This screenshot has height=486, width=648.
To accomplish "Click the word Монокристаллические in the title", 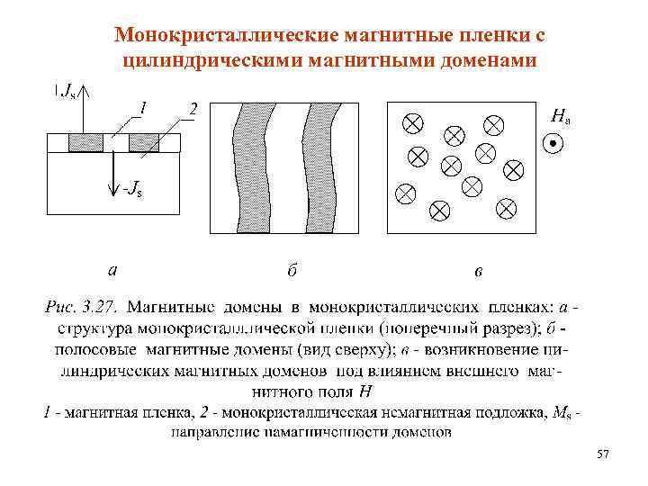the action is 225,35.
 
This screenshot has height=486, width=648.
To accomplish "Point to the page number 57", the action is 602,457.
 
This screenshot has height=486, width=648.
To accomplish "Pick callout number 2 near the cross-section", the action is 192,109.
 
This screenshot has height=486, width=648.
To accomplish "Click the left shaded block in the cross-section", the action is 85,142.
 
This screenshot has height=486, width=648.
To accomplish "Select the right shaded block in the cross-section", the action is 144,142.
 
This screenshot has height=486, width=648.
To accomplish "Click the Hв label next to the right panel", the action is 560,114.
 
